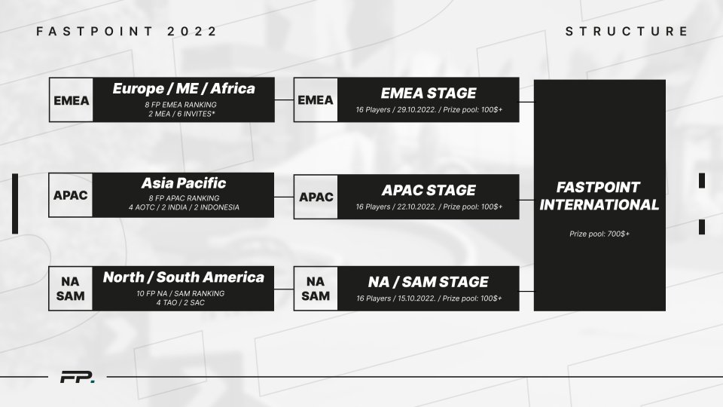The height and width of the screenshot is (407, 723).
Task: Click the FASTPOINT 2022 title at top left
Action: [127, 32]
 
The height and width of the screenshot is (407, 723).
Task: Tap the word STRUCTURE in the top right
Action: [627, 32]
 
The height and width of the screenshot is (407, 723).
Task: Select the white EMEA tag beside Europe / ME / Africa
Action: [71, 99]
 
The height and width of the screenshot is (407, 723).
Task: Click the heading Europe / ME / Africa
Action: [184, 89]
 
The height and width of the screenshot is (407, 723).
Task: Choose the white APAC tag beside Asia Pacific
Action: [71, 196]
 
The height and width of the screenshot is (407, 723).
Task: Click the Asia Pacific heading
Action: [184, 184]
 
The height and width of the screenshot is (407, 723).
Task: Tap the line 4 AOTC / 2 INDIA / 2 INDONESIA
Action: [184, 207]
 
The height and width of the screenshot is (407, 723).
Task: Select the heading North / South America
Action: [184, 277]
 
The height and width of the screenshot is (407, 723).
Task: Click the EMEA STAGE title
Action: [428, 93]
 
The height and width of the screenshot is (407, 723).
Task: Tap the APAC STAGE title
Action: [428, 190]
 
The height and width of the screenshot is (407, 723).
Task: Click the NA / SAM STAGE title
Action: [428, 283]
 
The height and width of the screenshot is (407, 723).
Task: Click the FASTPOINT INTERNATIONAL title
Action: [599, 196]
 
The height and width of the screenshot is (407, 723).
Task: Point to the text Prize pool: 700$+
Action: [599, 234]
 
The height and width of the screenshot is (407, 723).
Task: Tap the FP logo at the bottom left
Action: [77, 377]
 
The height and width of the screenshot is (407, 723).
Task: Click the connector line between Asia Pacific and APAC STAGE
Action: [284, 196]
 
